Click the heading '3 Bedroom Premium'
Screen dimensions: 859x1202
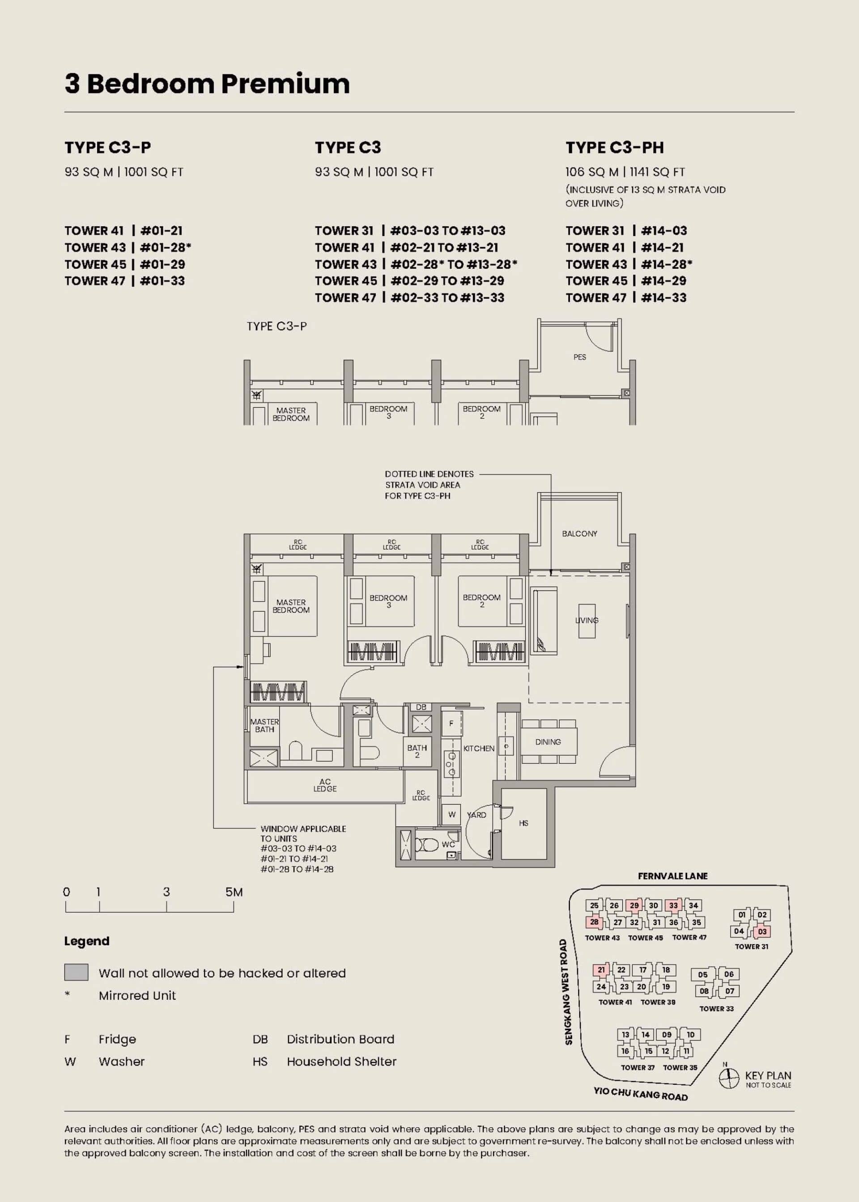click(x=207, y=84)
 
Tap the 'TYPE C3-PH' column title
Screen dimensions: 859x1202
click(x=615, y=148)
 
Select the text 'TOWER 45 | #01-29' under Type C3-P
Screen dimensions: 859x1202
click(x=125, y=264)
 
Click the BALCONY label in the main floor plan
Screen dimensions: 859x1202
click(x=579, y=534)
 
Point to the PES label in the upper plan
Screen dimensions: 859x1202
click(x=580, y=357)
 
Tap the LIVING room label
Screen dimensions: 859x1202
click(x=587, y=620)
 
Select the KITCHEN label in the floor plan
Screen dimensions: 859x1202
click(x=479, y=749)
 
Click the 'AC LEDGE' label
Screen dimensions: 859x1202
click(x=325, y=785)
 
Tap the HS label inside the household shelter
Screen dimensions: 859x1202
click(x=523, y=823)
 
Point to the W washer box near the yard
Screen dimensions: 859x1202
click(x=452, y=815)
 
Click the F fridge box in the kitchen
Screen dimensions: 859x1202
click(x=451, y=723)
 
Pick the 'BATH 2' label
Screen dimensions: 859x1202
click(x=417, y=751)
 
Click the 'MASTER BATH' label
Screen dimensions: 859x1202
click(x=264, y=725)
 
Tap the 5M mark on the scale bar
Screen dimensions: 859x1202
click(x=234, y=892)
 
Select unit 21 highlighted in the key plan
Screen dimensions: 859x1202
click(x=601, y=970)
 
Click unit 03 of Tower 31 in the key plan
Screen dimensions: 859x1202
click(x=762, y=931)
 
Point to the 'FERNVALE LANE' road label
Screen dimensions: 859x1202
click(x=672, y=876)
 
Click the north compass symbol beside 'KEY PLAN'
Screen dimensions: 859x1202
click(x=729, y=1078)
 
